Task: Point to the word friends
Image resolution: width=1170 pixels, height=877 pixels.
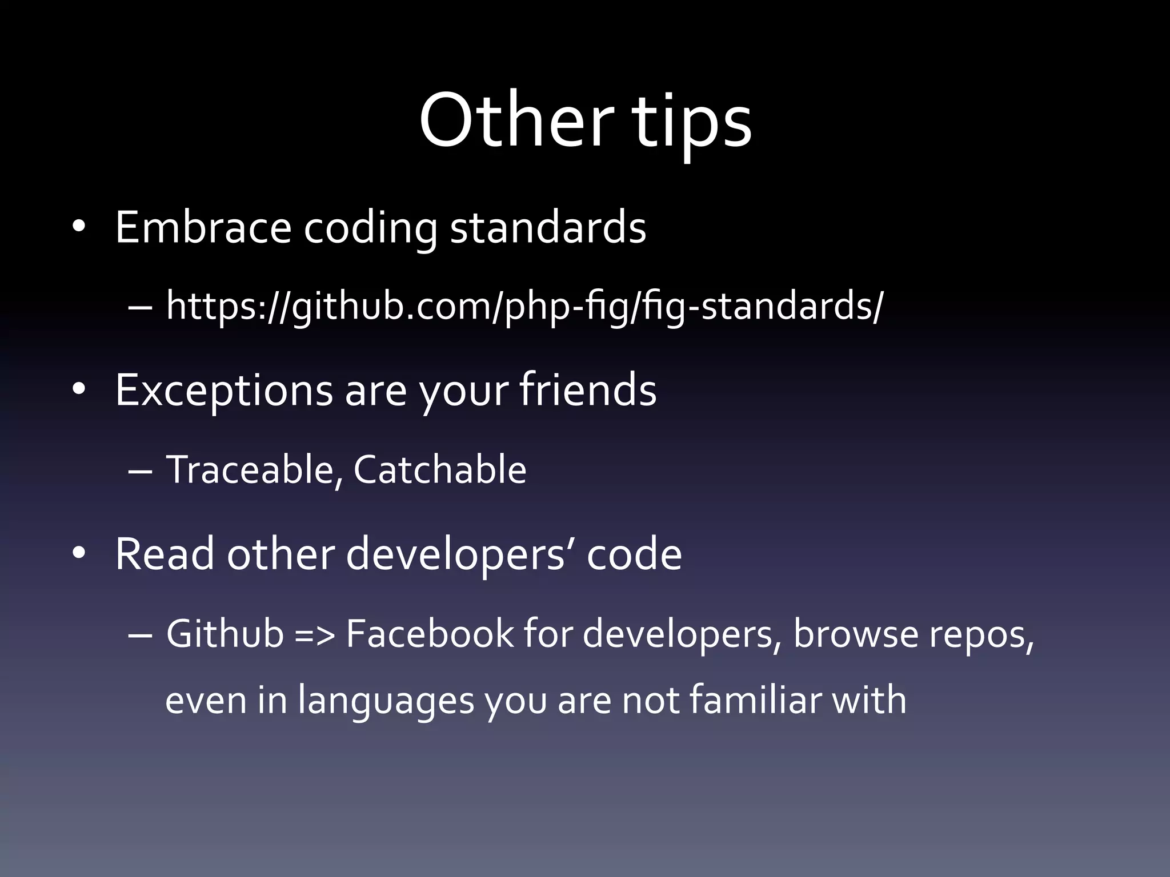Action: click(588, 390)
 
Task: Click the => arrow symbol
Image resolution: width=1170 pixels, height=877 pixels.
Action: click(314, 635)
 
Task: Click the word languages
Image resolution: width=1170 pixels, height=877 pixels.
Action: click(386, 701)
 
